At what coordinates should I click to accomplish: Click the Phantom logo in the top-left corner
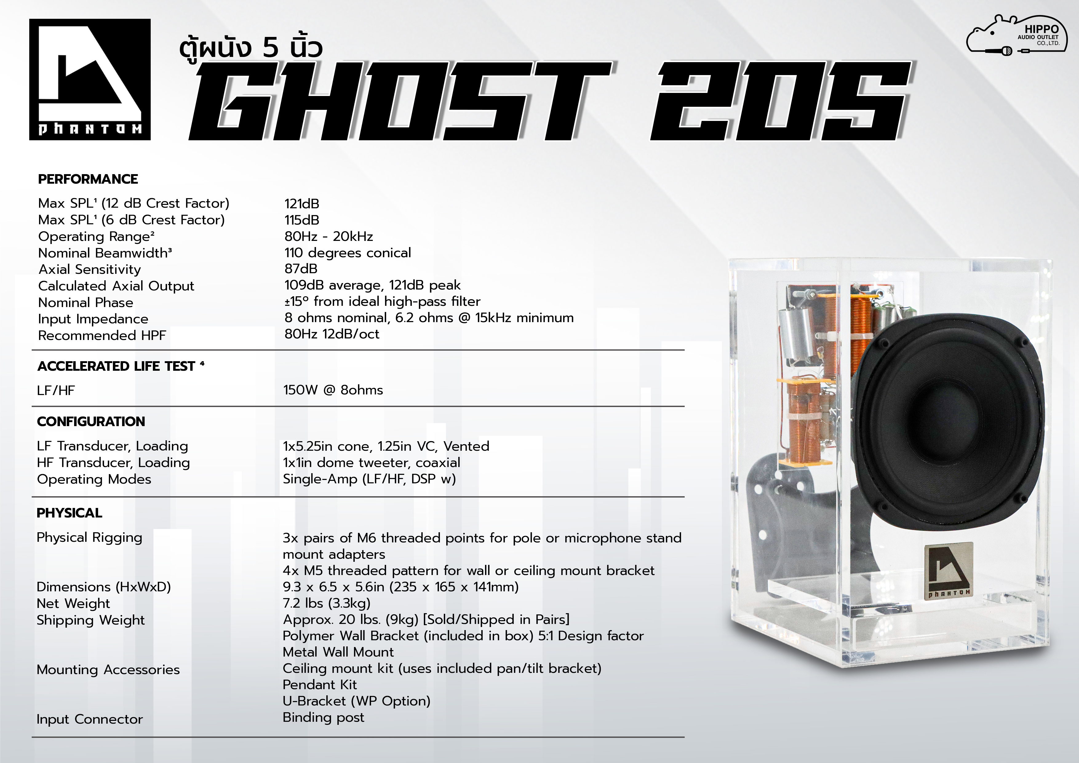[90, 79]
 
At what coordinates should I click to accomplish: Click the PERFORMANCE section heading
[88, 179]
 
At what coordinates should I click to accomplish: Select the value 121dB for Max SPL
[302, 204]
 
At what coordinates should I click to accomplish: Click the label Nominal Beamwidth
[105, 253]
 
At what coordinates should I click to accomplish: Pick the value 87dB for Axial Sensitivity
[301, 269]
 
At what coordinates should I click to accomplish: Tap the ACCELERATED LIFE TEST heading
[121, 366]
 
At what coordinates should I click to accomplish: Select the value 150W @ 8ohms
[333, 390]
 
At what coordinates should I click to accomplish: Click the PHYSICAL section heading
[69, 513]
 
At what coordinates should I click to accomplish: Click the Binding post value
[323, 717]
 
